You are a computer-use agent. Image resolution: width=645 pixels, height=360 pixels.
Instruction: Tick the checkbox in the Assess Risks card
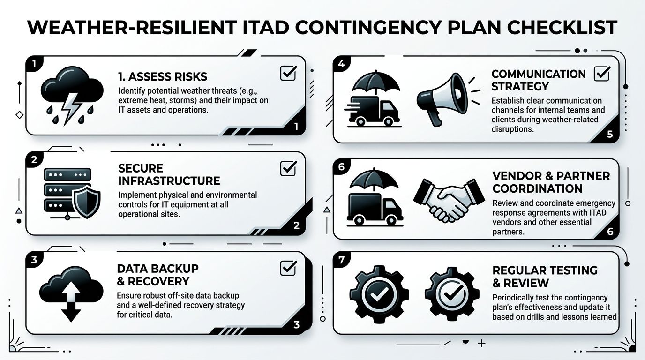pyautogui.click(x=288, y=73)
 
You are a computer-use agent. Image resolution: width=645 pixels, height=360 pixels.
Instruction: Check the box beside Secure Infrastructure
pyautogui.click(x=288, y=168)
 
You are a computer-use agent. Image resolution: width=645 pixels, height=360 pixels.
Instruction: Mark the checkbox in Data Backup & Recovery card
pyautogui.click(x=288, y=268)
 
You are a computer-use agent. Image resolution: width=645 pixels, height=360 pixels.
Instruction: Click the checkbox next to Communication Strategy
pyautogui.click(x=601, y=74)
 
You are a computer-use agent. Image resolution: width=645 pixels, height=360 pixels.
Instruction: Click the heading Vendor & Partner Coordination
pyautogui.click(x=551, y=182)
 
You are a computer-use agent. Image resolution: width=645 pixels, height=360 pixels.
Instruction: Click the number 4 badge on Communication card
pyautogui.click(x=341, y=65)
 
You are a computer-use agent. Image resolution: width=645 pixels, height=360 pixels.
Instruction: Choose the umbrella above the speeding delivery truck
pyautogui.click(x=375, y=82)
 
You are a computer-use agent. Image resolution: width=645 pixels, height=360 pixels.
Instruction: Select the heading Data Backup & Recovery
pyautogui.click(x=157, y=275)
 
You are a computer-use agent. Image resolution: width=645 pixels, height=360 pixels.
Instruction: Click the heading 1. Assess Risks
pyautogui.click(x=162, y=76)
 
